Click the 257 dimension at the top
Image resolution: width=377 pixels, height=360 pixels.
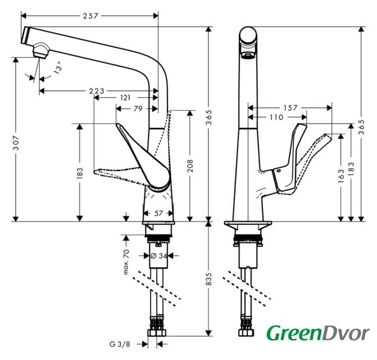pyautogui.click(x=90, y=16)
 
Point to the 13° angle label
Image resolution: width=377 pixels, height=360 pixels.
pyautogui.click(x=58, y=69)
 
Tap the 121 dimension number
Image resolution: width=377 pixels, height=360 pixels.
pyautogui.click(x=126, y=98)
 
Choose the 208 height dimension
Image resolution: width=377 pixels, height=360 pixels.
pyautogui.click(x=191, y=165)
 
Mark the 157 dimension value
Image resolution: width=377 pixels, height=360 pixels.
pyautogui.click(x=290, y=107)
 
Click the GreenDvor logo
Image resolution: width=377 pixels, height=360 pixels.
pyautogui.click(x=317, y=333)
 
